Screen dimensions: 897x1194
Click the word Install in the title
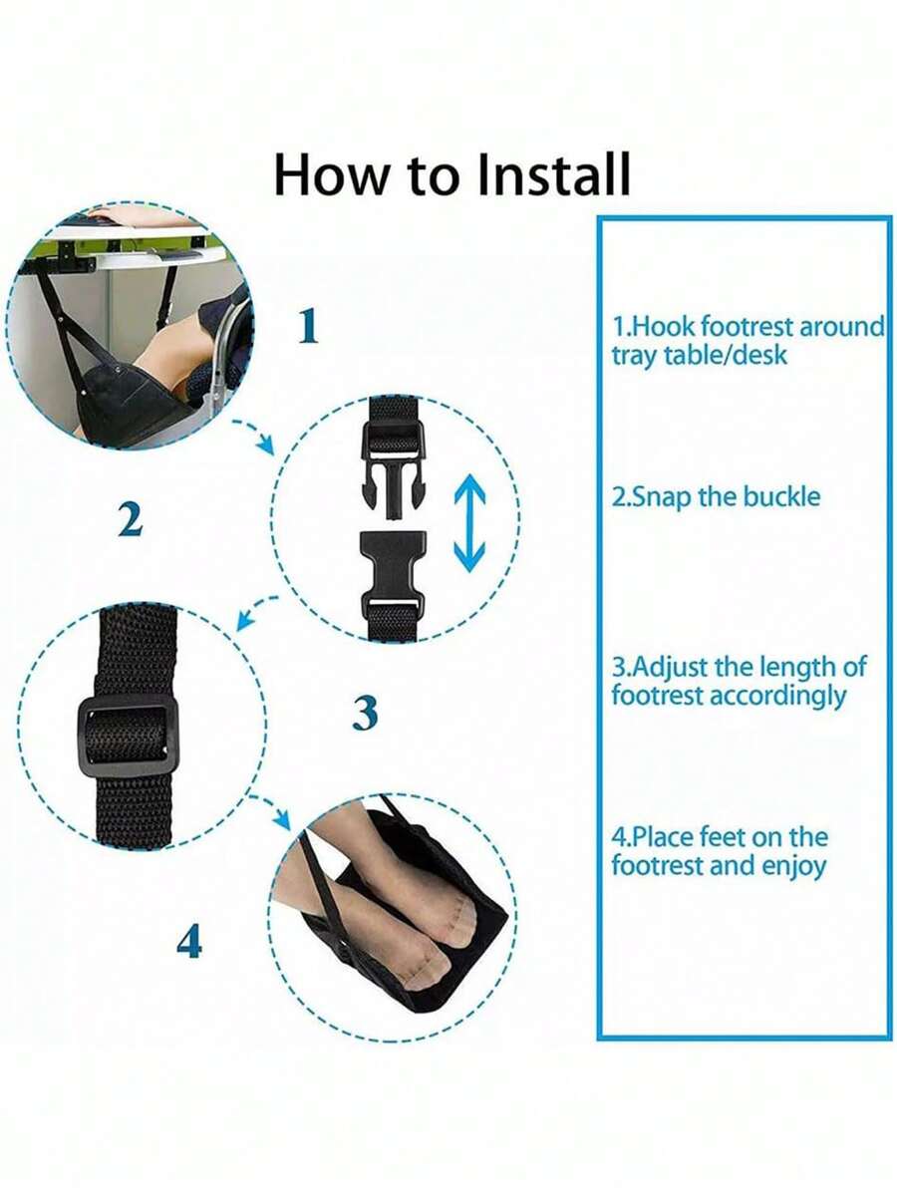point(553,174)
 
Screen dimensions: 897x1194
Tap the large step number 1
point(308,326)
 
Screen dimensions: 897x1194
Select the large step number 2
point(130,520)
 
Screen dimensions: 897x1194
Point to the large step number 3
point(366,713)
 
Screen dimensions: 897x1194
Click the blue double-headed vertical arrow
point(469,523)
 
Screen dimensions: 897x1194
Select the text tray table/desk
point(699,355)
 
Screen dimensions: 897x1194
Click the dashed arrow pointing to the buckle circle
point(253,434)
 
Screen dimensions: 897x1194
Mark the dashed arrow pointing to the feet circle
point(270,810)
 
